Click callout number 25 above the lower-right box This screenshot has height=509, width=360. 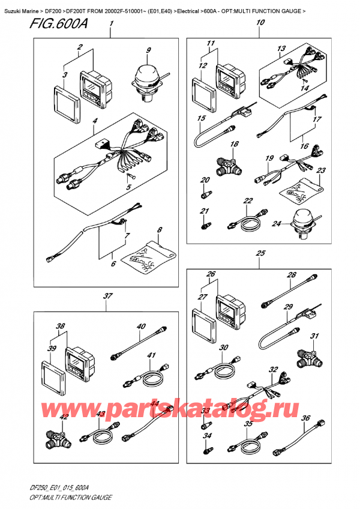(x=260, y=254)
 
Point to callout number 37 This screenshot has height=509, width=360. (x=107, y=295)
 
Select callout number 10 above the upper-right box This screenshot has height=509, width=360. (x=259, y=23)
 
